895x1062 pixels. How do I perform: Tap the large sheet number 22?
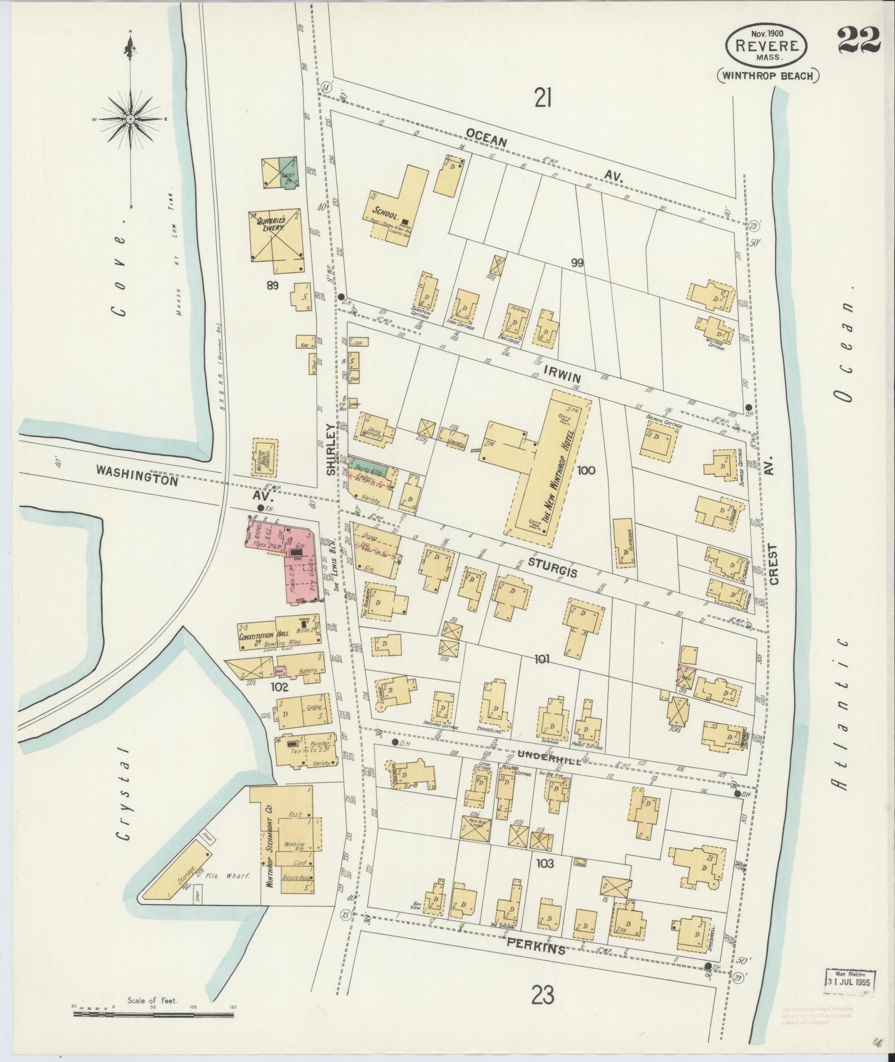click(x=858, y=40)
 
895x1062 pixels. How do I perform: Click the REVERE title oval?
click(x=767, y=46)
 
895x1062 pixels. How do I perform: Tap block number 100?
click(x=585, y=471)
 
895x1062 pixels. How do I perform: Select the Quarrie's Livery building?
click(x=276, y=235)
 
